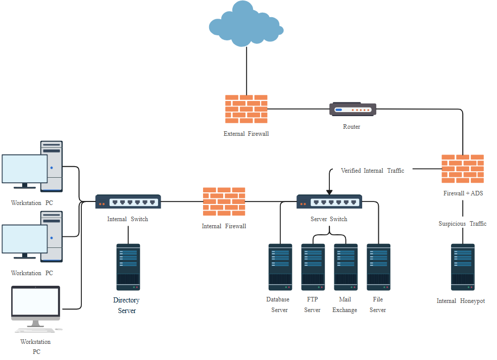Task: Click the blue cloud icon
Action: click(x=246, y=25)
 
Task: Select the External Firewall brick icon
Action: click(x=246, y=109)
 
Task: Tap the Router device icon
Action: click(x=353, y=109)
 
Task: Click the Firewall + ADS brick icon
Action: click(x=463, y=169)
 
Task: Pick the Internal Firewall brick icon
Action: click(x=224, y=202)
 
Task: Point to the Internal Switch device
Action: click(x=128, y=202)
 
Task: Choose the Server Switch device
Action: click(x=329, y=201)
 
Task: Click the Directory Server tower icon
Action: click(x=128, y=267)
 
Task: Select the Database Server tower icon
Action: click(x=280, y=267)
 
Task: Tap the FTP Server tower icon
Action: click(x=313, y=267)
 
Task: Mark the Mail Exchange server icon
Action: click(x=346, y=267)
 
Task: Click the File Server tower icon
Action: click(x=378, y=267)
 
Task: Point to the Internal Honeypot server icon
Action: click(x=463, y=267)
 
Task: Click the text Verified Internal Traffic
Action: click(x=372, y=171)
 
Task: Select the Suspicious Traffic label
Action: click(x=462, y=224)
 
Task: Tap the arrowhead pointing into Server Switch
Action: click(x=329, y=192)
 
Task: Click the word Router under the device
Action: click(x=352, y=127)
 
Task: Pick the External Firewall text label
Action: click(x=246, y=134)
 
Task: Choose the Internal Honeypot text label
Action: click(x=461, y=301)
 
